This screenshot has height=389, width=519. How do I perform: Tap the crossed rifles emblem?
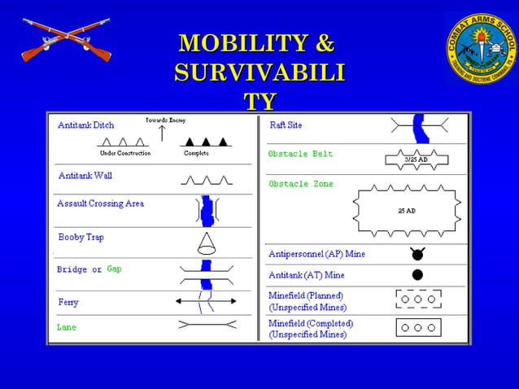click(x=66, y=41)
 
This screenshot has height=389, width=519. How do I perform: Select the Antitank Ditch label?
click(x=86, y=125)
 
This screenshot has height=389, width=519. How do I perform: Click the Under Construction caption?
click(x=124, y=153)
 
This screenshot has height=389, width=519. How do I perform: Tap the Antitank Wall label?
click(x=85, y=175)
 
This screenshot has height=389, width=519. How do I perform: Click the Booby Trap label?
click(x=81, y=237)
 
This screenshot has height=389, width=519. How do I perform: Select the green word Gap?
click(x=114, y=269)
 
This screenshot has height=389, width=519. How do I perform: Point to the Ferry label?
click(x=68, y=302)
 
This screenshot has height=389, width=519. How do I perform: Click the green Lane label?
click(x=67, y=327)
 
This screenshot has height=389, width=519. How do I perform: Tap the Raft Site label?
click(x=286, y=125)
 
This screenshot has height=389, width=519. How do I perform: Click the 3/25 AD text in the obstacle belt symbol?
click(x=417, y=160)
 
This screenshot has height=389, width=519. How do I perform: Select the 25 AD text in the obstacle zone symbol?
click(x=406, y=210)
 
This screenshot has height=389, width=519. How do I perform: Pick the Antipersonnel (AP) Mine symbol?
click(x=417, y=254)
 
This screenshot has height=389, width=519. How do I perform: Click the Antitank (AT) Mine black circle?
click(x=417, y=275)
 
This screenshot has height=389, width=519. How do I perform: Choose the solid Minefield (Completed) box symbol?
click(x=417, y=327)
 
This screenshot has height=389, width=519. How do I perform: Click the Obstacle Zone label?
click(x=300, y=184)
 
